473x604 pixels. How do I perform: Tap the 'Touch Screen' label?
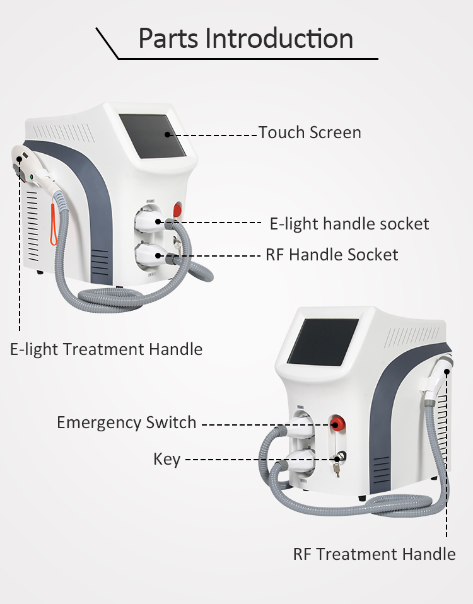(x=309, y=132)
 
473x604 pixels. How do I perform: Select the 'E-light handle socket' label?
(x=349, y=223)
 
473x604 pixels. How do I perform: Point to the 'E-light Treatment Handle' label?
(x=106, y=349)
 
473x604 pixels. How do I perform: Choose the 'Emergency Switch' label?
(x=126, y=422)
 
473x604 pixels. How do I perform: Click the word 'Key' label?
(x=166, y=458)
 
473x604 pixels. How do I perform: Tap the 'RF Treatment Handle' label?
(x=374, y=554)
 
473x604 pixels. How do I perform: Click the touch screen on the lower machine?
(x=323, y=341)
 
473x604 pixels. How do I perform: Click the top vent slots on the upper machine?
(x=63, y=133)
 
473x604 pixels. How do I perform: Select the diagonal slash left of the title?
(x=107, y=43)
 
